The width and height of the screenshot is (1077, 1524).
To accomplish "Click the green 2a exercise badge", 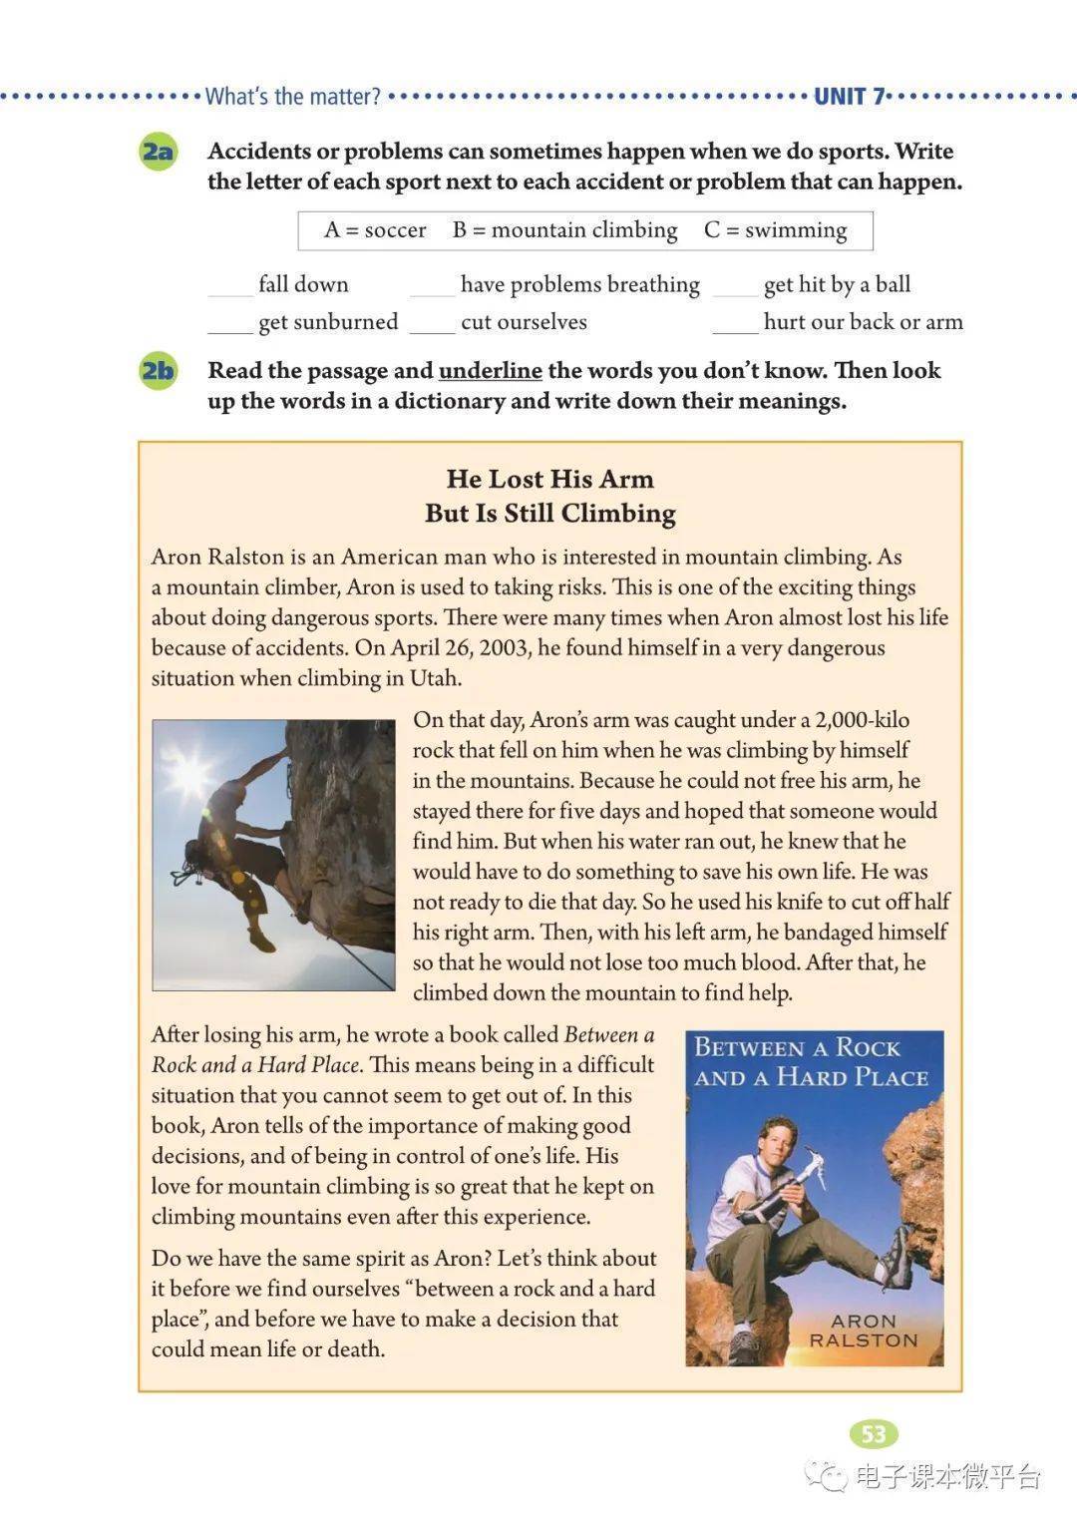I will (x=158, y=153).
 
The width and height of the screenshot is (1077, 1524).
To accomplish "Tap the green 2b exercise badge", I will (x=158, y=371).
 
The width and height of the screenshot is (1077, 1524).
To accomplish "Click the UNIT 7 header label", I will (x=849, y=97).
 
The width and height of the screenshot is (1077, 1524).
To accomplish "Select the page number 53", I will (x=874, y=1434).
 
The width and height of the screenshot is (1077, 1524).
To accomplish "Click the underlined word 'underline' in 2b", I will (x=490, y=371).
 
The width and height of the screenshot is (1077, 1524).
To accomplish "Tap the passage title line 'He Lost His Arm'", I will (x=549, y=479).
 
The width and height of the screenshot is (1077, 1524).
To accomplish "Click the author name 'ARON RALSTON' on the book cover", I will (x=863, y=1331).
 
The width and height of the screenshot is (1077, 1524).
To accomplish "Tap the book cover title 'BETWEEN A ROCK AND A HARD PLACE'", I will (x=812, y=1062).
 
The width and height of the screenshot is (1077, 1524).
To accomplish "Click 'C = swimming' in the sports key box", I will (x=775, y=230).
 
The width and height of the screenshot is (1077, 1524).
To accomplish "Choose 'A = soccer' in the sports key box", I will (x=375, y=230).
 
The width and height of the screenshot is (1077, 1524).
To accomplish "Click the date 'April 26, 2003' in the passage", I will (x=460, y=647).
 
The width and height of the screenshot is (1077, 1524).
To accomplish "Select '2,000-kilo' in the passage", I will (x=862, y=720).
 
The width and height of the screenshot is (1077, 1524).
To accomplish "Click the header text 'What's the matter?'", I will (x=292, y=97).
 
